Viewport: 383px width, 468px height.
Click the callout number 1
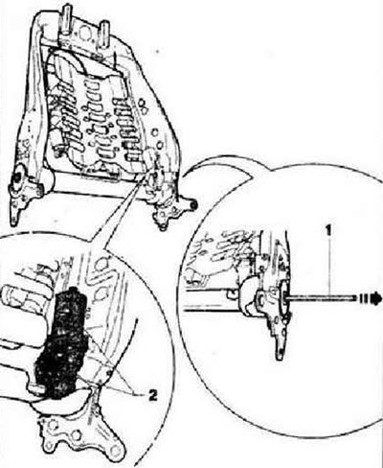pos(328,231)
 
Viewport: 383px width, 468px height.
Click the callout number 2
pos(153,396)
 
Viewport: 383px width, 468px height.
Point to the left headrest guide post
pos(67,22)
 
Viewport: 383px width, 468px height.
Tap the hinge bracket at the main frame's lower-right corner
pos(169,208)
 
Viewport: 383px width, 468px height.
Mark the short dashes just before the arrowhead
pos(363,298)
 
